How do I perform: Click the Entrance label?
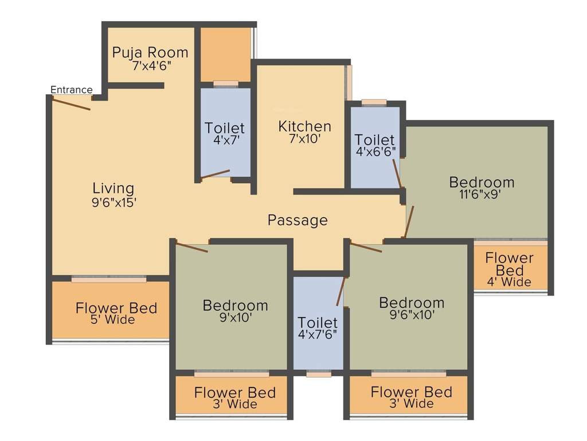[71, 90]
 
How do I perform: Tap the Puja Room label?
[150, 53]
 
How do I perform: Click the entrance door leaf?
[72, 103]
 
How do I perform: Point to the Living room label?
[113, 188]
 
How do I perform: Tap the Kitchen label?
[304, 126]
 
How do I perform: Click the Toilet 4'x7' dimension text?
[225, 140]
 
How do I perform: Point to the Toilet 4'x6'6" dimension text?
[374, 152]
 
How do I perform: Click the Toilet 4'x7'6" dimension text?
[319, 335]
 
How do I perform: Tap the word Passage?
[298, 220]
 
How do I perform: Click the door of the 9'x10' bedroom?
[192, 247]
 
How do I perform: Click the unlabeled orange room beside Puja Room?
[225, 55]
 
